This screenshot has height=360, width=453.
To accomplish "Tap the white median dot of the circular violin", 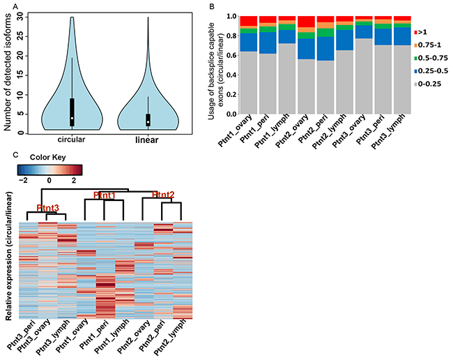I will click(x=72, y=118).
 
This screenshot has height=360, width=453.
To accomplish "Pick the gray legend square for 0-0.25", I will click(x=416, y=83).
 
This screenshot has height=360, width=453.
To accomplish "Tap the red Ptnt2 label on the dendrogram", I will click(x=163, y=194).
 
